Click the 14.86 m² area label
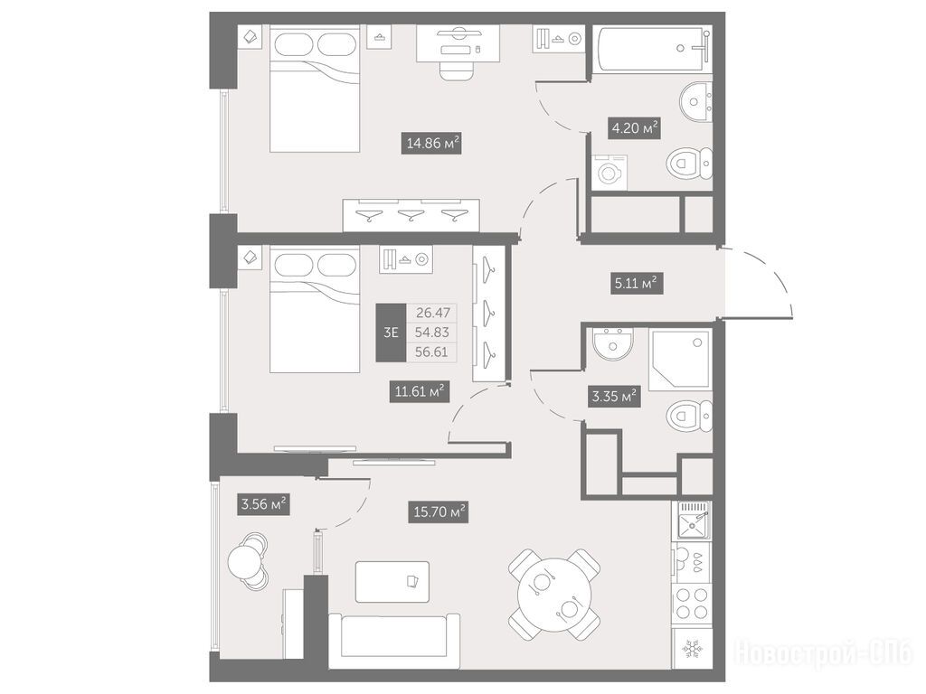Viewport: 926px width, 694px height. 431,143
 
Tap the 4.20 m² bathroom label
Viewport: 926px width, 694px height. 634,127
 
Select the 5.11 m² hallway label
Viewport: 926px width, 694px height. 637,283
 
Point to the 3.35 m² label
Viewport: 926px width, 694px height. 615,396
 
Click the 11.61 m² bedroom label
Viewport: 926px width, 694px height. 419,390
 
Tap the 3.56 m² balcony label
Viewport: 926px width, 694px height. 263,504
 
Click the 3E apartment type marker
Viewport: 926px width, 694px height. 391,333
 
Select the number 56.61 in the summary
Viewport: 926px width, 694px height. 431,352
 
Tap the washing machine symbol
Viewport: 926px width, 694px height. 609,173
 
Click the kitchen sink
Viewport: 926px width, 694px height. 694,520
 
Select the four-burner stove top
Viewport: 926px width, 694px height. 693,603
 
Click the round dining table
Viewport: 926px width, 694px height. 554,595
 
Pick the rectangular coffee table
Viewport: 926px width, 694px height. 392,582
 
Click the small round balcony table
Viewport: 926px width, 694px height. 243,561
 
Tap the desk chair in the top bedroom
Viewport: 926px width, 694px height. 457,69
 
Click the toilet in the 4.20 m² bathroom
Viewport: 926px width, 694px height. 690,163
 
